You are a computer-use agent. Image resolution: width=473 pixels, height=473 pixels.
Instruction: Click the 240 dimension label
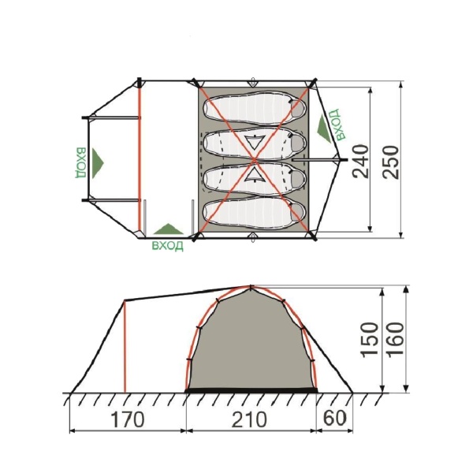tap(361, 162)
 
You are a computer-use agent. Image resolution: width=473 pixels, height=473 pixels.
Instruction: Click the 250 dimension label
tap(390, 162)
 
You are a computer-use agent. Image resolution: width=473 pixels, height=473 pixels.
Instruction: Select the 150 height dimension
tap(370, 340)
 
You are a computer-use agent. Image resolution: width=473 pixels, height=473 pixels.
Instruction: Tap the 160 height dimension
tap(395, 340)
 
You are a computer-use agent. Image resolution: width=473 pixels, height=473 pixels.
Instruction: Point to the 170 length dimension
tap(128, 419)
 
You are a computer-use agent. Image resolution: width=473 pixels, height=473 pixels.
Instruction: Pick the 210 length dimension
tap(249, 419)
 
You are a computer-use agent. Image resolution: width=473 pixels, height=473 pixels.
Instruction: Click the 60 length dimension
tap(335, 419)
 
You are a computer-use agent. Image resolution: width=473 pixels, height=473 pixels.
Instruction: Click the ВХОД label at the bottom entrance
tap(167, 245)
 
